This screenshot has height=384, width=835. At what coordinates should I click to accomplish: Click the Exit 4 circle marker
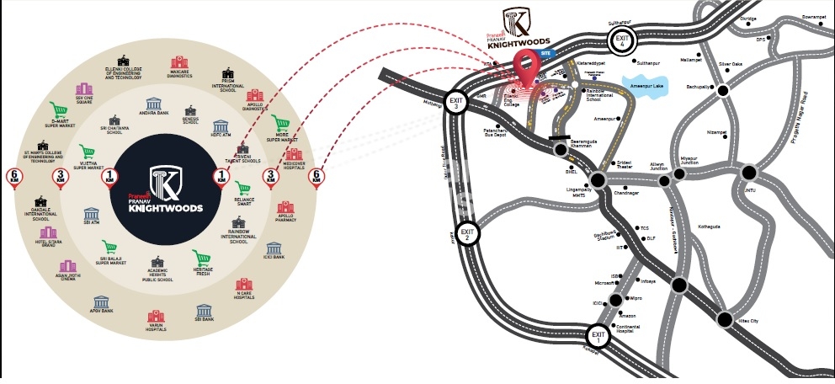[x=622, y=40]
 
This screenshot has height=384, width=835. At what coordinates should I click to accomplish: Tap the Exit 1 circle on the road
[x=598, y=337]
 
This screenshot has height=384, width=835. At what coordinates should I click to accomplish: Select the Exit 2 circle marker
[x=469, y=232]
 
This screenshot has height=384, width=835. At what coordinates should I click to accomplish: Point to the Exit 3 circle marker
[x=456, y=103]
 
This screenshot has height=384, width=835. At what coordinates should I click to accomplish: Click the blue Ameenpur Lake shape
[x=649, y=84]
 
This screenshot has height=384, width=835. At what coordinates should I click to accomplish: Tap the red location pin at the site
[x=528, y=67]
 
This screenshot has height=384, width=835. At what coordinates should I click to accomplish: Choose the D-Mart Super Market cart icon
[x=59, y=110]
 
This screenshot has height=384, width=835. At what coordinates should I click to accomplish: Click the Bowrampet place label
[x=814, y=16]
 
